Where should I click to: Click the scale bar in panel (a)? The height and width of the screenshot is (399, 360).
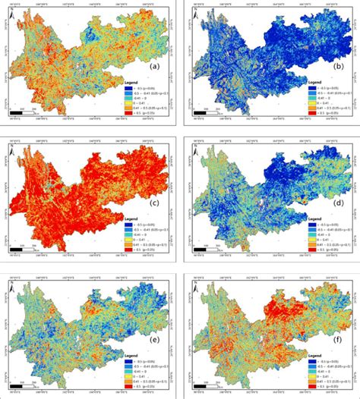[26, 114]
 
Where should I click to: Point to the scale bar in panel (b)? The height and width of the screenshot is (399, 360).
[205, 114]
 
